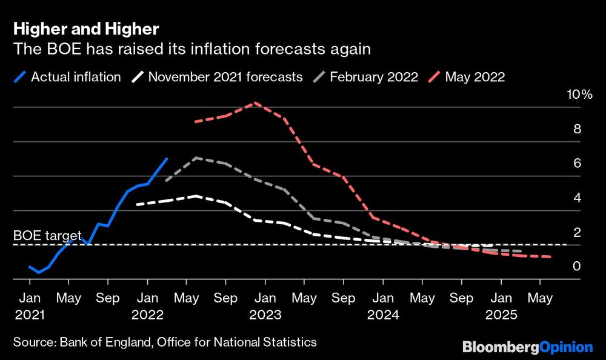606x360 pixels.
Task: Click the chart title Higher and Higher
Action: click(87, 29)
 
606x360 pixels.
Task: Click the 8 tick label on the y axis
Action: click(576, 129)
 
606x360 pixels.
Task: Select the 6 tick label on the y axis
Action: click(576, 164)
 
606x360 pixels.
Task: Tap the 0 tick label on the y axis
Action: click(576, 267)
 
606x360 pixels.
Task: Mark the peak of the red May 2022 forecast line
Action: click(255, 103)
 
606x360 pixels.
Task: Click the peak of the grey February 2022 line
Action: click(196, 158)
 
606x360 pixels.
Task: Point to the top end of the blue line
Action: click(167, 159)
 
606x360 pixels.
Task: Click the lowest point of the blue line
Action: click(39, 272)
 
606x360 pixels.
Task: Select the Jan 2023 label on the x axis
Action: click(265, 307)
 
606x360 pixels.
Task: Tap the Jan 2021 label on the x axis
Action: click(29, 307)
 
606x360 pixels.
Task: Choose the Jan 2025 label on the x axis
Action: click(501, 307)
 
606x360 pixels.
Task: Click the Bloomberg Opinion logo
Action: click(527, 347)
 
